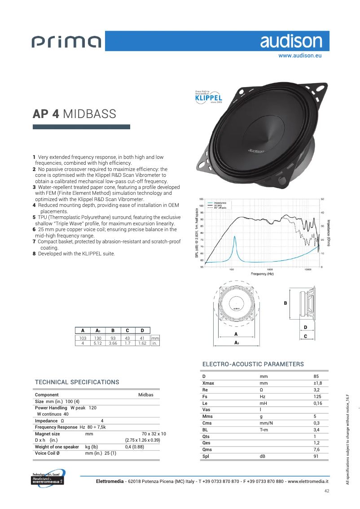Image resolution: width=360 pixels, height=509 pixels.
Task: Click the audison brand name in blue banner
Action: tap(291, 41)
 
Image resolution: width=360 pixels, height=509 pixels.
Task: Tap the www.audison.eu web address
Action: tap(300, 56)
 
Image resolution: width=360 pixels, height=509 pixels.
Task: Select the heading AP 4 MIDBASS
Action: tap(74, 114)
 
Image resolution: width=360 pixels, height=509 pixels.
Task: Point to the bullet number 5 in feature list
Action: tap(34, 217)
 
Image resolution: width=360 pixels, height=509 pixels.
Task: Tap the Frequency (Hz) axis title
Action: tap(262, 274)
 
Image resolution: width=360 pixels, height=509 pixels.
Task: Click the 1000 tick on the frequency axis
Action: tap(270, 270)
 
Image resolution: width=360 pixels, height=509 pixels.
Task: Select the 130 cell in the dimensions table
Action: tap(97, 338)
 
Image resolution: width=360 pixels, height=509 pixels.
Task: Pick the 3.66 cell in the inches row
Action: tap(112, 343)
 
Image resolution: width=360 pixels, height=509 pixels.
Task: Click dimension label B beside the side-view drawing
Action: tap(285, 303)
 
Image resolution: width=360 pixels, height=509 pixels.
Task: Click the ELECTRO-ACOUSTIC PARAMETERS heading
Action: tap(253, 364)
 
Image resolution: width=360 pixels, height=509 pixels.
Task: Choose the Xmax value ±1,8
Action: tap(317, 383)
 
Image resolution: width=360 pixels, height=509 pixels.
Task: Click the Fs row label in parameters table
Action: tap(205, 397)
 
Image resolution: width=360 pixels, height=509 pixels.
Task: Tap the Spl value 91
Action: tap(316, 456)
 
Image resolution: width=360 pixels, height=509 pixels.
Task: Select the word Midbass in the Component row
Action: tap(145, 395)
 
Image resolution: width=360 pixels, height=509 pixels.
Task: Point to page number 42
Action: tap(327, 491)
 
